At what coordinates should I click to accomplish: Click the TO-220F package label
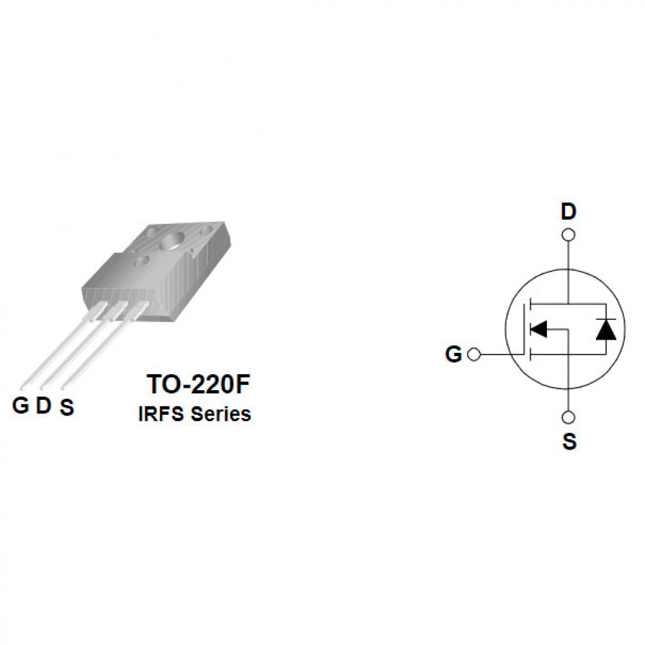click(x=198, y=384)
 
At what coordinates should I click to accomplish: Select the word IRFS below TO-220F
click(x=161, y=414)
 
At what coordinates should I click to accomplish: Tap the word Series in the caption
click(x=221, y=414)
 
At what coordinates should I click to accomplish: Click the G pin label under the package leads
click(x=21, y=405)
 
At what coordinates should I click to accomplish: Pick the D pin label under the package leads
click(x=44, y=405)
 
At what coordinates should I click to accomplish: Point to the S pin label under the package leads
click(x=66, y=407)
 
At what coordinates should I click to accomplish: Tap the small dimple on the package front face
click(x=142, y=260)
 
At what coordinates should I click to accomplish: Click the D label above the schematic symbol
click(x=568, y=212)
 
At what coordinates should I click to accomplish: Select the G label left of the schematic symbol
click(x=453, y=354)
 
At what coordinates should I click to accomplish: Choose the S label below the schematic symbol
click(x=570, y=441)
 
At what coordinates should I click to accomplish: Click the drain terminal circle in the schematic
click(x=568, y=235)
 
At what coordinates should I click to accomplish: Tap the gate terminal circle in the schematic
click(x=474, y=354)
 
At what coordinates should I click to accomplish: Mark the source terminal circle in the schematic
click(x=568, y=417)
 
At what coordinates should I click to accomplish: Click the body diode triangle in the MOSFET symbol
click(x=606, y=330)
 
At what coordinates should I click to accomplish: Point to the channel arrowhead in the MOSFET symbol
click(x=539, y=329)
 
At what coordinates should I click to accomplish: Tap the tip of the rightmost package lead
click(x=63, y=386)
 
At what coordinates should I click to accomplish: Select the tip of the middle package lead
click(x=41, y=386)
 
